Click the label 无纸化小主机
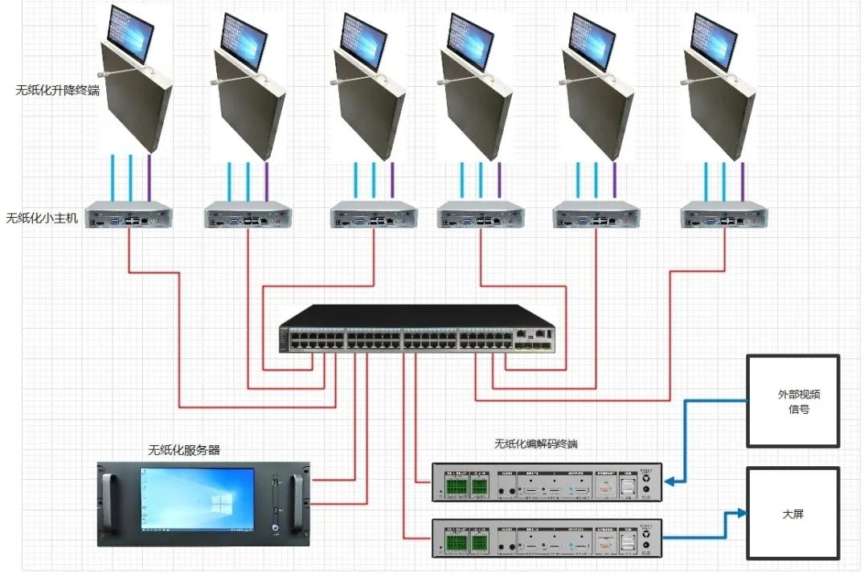tap(42, 218)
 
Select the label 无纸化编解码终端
tap(536, 444)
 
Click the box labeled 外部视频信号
tap(793, 401)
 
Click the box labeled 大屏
tap(793, 514)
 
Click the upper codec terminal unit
tap(547, 482)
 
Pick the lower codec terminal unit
tap(547, 538)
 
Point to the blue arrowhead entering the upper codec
tap(669, 482)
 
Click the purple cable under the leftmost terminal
tap(149, 176)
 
